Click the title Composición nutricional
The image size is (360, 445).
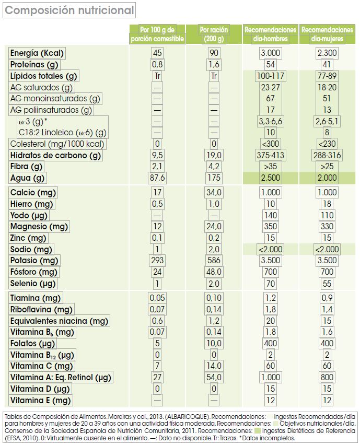click(69, 10)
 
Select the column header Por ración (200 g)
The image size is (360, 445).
click(214, 34)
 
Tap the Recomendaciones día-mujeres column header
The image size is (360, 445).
click(328, 34)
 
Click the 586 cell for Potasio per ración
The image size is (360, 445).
click(214, 261)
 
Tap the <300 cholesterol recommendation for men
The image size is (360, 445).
click(271, 144)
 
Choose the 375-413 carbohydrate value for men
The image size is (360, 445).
click(271, 156)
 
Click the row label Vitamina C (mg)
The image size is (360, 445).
click(41, 366)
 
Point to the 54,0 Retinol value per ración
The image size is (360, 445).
click(214, 377)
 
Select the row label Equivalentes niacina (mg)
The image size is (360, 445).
click(59, 321)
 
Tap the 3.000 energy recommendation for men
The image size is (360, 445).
click(271, 53)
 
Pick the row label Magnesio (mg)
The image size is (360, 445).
click(39, 227)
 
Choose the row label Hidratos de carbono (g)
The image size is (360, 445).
click(55, 156)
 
